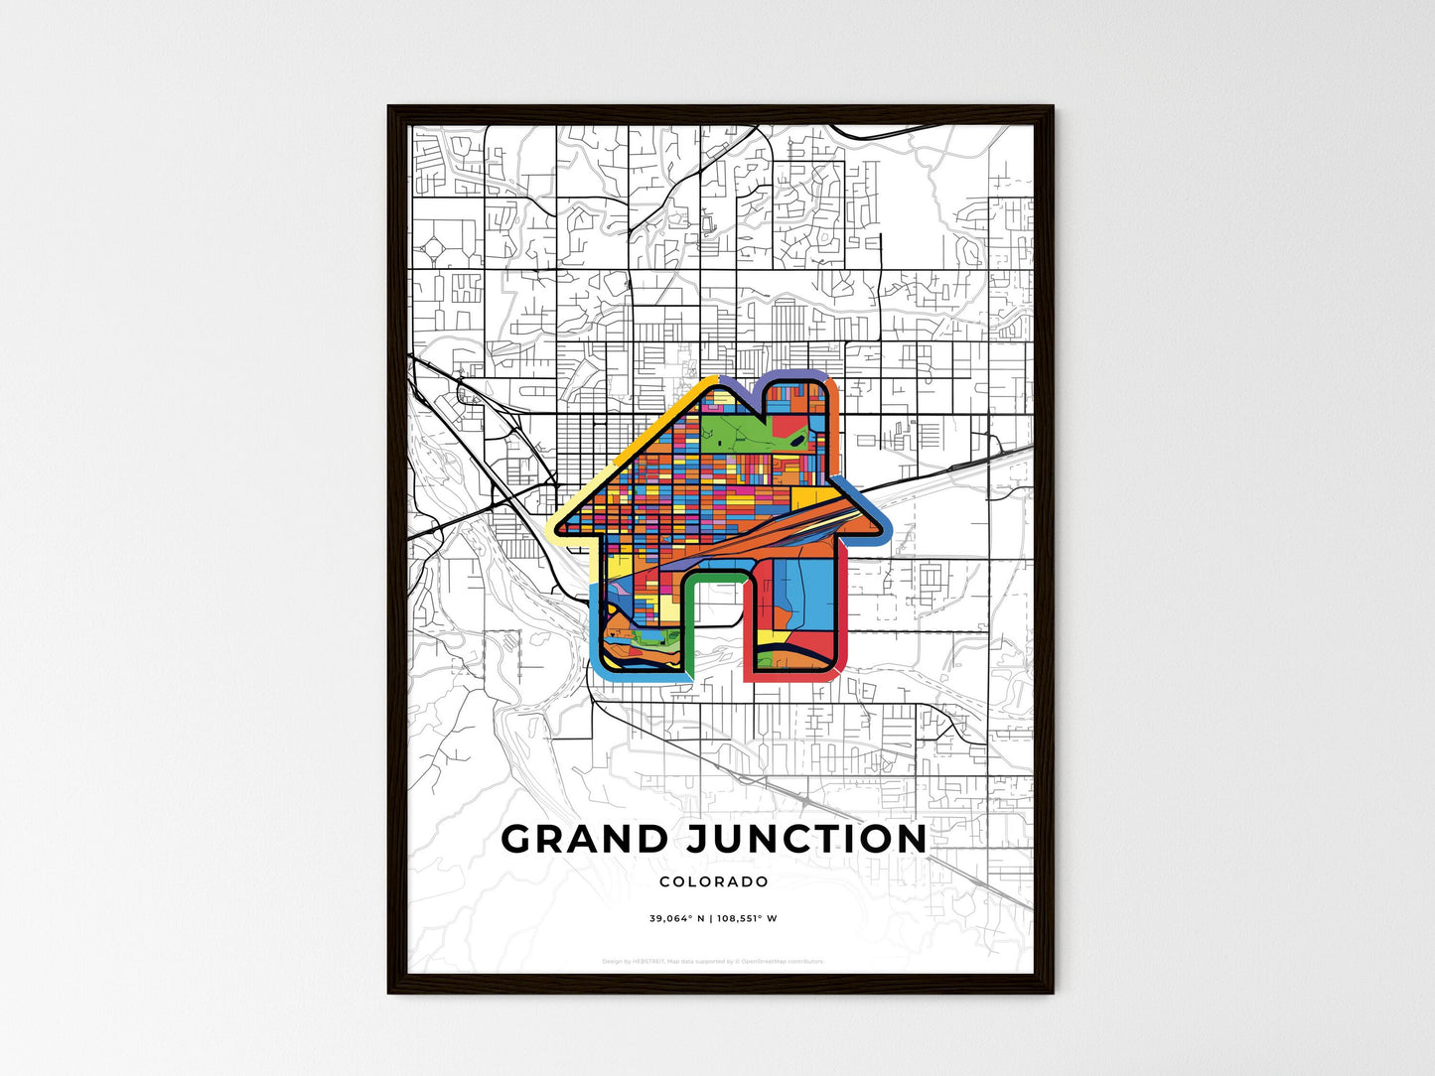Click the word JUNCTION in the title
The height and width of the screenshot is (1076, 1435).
(806, 839)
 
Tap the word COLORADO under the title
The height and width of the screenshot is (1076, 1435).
(713, 881)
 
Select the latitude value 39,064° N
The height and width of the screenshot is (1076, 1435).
(676, 918)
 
